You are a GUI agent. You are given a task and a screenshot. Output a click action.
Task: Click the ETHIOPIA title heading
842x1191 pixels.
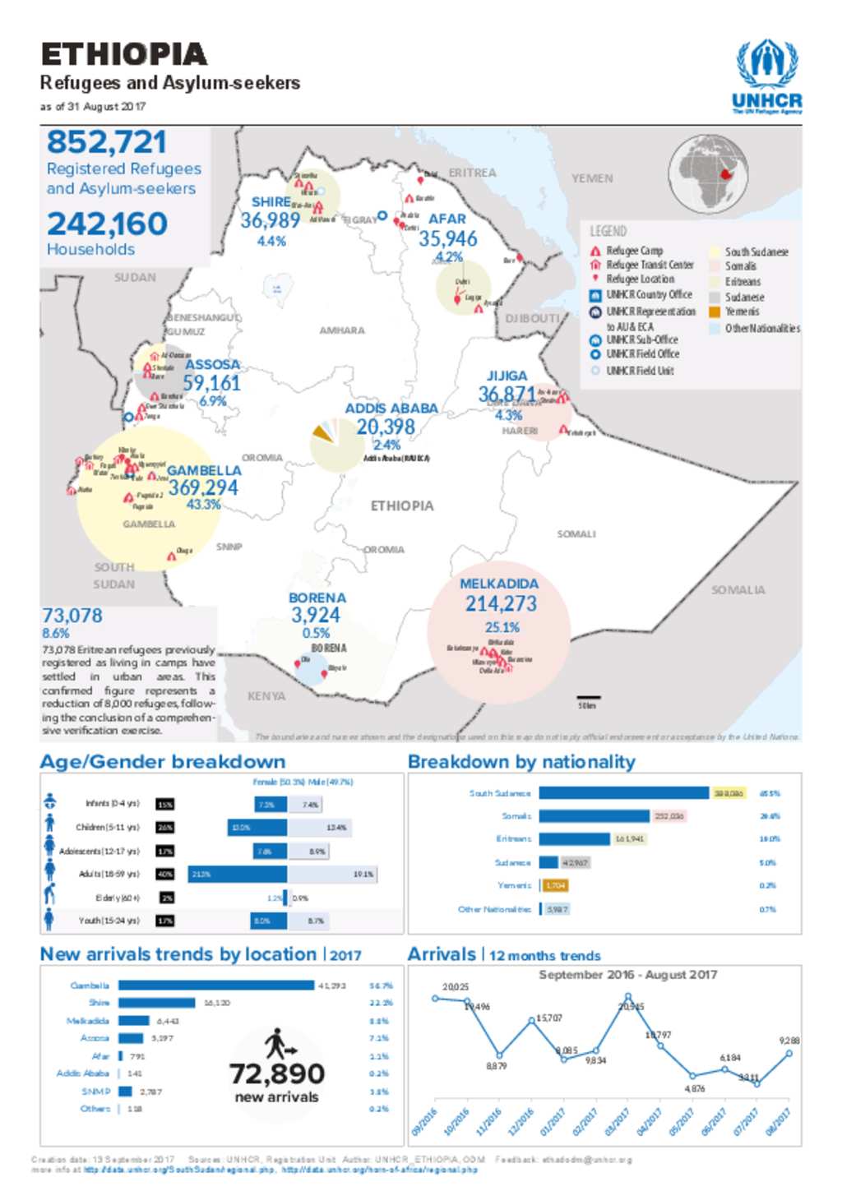(x=124, y=55)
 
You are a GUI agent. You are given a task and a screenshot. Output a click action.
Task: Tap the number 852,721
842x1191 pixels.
(x=107, y=142)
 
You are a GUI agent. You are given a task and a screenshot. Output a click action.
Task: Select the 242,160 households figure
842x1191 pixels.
(x=107, y=224)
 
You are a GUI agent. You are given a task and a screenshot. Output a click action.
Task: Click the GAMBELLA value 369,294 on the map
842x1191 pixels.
(x=203, y=487)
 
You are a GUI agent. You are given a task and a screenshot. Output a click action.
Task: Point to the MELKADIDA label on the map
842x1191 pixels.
(x=499, y=584)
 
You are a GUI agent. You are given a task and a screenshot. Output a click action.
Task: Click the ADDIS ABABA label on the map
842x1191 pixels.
(x=391, y=409)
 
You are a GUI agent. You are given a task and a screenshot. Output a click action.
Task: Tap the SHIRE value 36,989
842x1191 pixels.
(x=270, y=220)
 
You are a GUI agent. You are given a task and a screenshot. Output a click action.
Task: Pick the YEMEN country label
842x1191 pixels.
(x=592, y=178)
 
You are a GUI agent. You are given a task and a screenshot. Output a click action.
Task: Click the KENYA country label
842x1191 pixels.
(x=266, y=696)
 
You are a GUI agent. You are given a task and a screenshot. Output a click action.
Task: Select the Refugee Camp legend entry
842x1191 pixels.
(x=634, y=251)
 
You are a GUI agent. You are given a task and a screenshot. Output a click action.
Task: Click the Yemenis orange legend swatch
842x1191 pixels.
(x=715, y=312)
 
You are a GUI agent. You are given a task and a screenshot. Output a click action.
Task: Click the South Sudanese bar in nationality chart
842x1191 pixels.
(x=624, y=793)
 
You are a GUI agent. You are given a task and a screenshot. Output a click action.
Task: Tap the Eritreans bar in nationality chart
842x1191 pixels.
(x=575, y=839)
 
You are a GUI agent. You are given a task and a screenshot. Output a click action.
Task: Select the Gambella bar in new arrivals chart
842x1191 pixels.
(x=216, y=985)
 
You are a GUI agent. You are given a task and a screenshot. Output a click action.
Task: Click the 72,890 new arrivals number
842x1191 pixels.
(x=277, y=1073)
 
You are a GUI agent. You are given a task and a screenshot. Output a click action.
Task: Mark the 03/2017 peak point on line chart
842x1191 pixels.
(x=628, y=997)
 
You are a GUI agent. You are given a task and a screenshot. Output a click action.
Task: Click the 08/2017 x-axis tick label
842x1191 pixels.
(x=778, y=1122)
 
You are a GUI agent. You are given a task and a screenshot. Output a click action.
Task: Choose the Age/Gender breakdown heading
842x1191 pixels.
(x=163, y=762)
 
